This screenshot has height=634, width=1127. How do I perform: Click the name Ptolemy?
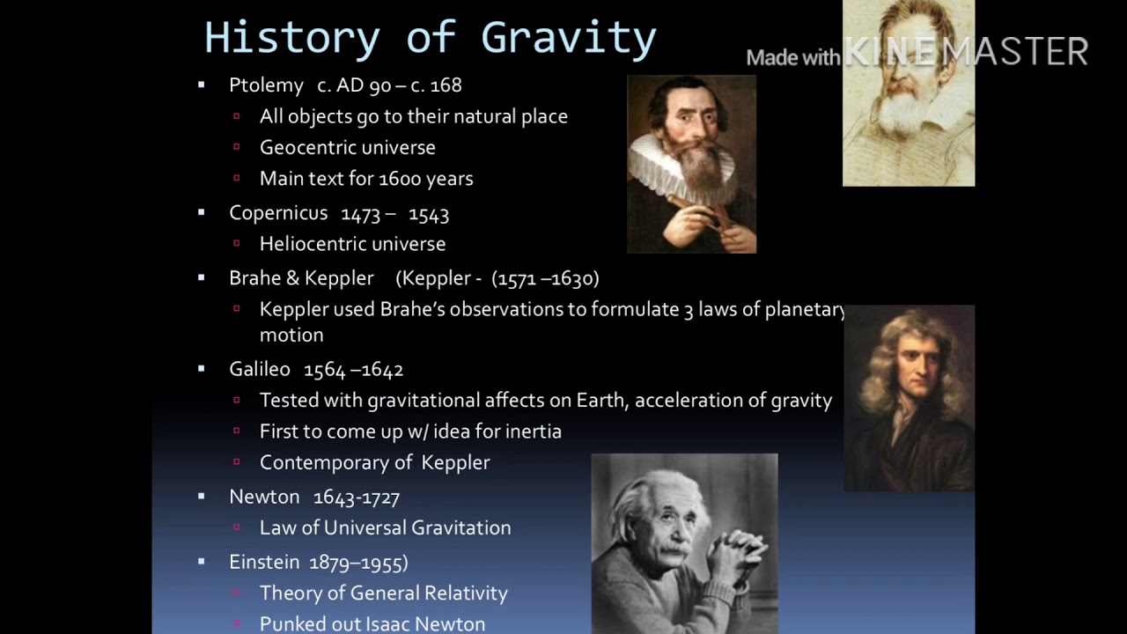tap(266, 85)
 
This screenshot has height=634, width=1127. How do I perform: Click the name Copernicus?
tap(278, 213)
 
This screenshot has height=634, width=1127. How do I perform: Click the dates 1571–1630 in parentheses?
tap(546, 278)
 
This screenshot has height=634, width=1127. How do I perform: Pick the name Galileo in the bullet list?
tap(260, 370)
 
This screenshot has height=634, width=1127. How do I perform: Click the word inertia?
tap(532, 431)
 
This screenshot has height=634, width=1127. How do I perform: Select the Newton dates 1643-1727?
tap(357, 498)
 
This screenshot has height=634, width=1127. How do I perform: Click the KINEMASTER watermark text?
tap(966, 53)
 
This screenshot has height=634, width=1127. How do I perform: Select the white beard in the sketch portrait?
tap(898, 114)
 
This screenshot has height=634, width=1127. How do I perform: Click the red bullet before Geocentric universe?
tap(237, 147)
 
